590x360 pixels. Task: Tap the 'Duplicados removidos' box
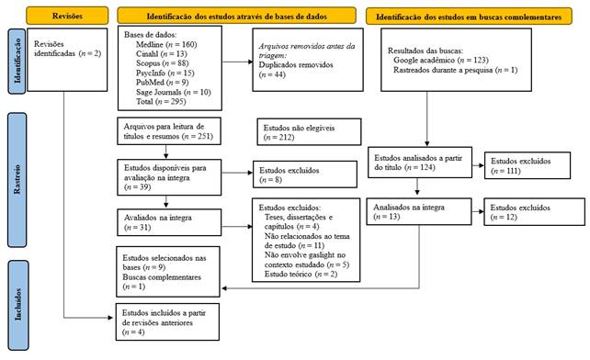303,64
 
